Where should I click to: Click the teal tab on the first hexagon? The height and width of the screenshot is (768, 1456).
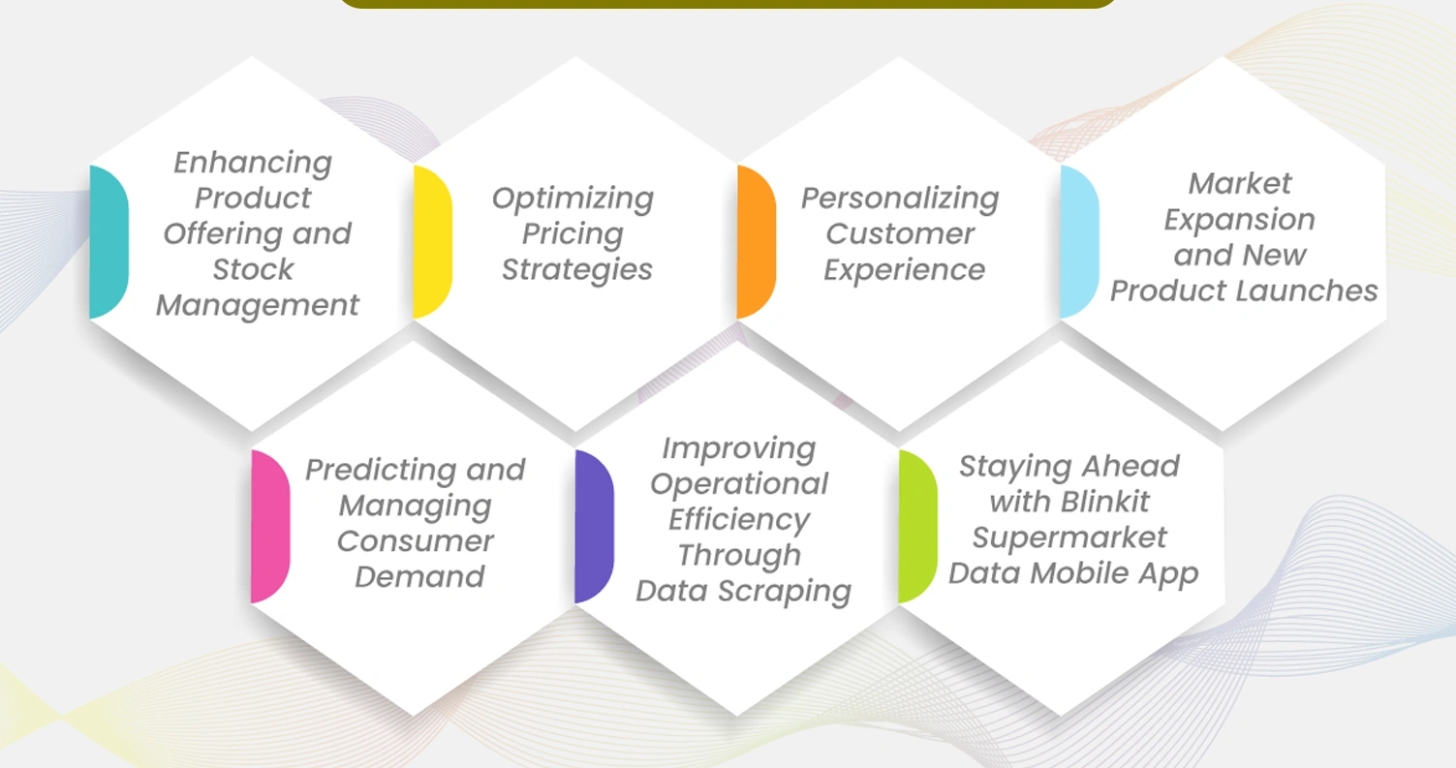(108, 242)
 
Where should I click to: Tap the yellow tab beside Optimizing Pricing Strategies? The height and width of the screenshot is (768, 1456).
(432, 242)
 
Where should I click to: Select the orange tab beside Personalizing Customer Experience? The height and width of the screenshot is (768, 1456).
(756, 242)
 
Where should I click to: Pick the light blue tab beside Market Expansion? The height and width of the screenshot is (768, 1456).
(1079, 242)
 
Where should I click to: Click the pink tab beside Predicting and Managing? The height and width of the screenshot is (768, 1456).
(269, 526)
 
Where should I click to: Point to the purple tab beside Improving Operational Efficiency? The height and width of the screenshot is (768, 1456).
(593, 526)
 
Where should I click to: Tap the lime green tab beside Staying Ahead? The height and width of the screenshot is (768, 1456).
(917, 526)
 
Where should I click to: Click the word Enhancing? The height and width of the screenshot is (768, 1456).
(253, 163)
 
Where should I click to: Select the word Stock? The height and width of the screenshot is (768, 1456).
(253, 269)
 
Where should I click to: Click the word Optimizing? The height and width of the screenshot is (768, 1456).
(573, 200)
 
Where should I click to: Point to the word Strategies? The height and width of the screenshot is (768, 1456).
(576, 270)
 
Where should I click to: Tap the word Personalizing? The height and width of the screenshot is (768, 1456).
(900, 199)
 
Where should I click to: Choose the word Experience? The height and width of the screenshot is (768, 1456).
(904, 270)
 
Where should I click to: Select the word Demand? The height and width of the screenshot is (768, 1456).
(419, 577)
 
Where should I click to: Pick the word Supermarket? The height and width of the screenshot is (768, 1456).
(1070, 538)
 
